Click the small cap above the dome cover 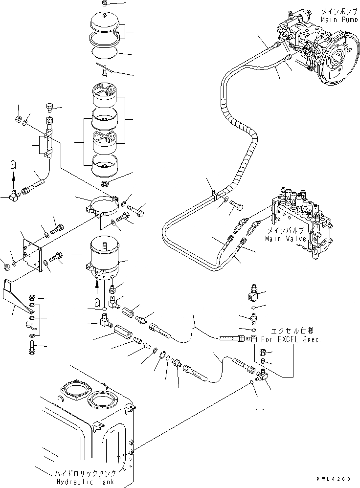tap(104, 4)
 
